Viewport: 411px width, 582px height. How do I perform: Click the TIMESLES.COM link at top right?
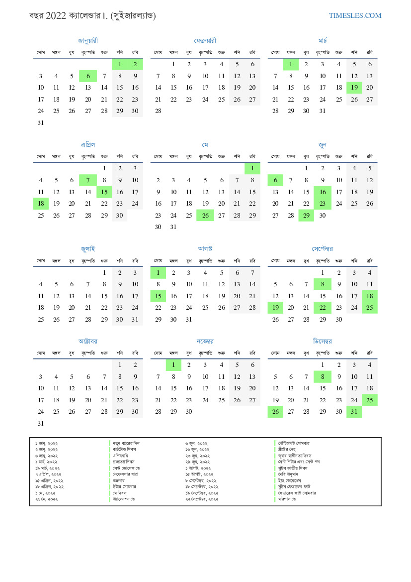tap(355, 16)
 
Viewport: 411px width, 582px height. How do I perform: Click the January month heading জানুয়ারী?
tap(88, 40)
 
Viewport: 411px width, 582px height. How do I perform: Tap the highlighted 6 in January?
tap(88, 76)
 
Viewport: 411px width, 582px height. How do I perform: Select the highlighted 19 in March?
tap(354, 88)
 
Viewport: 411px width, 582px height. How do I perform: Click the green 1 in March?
tap(291, 64)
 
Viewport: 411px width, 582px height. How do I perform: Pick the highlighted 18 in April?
tap(41, 204)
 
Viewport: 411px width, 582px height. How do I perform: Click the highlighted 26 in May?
tap(205, 216)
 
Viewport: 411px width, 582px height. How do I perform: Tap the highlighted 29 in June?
tap(306, 216)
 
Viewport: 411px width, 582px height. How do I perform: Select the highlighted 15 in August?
tap(158, 296)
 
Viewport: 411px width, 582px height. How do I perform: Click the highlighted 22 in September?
tap(322, 308)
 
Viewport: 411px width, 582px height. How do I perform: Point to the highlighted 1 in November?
tap(173, 365)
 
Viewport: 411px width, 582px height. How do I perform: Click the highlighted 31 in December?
tap(354, 412)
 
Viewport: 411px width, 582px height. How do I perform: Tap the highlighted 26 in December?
tap(275, 412)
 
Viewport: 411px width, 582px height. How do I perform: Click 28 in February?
tap(158, 112)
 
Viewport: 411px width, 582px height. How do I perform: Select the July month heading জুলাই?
tap(88, 248)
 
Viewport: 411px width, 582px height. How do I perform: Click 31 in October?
tap(41, 424)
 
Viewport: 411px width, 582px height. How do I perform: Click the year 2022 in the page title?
tap(55, 16)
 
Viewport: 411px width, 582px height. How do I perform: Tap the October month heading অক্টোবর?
tap(88, 341)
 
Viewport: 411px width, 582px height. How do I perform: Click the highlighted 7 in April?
tap(88, 180)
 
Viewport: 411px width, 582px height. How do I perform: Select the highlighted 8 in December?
tap(322, 377)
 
